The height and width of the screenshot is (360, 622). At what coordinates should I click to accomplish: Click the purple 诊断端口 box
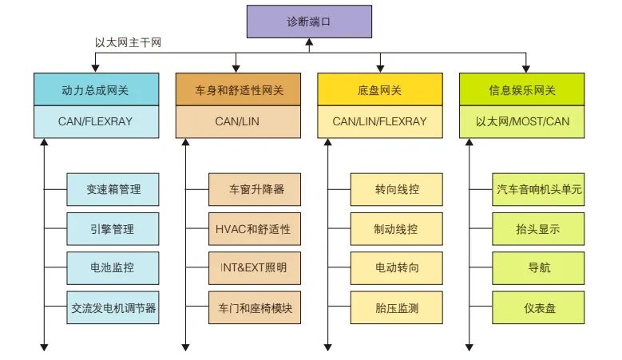tap(308, 22)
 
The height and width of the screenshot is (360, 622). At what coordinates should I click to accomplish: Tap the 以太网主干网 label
tap(129, 42)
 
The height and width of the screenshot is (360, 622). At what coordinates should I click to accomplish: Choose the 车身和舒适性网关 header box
tap(238, 89)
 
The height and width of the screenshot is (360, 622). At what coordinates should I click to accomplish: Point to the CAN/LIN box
tap(238, 121)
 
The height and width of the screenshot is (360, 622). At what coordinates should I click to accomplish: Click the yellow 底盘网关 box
tap(379, 89)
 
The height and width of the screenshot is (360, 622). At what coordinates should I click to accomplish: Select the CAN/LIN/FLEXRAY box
tap(379, 121)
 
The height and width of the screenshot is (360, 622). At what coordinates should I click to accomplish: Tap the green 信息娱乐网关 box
tap(528, 89)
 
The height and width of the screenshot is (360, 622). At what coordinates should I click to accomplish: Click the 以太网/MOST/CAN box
tap(528, 121)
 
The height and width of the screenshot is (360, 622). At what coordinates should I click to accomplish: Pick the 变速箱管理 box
tap(113, 190)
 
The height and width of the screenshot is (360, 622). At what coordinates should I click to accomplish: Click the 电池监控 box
tap(113, 268)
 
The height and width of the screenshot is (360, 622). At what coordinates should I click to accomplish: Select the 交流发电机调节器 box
tap(113, 307)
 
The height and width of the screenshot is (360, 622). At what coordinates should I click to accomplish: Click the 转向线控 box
tap(397, 190)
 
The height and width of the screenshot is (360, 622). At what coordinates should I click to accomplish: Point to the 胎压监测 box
tap(397, 307)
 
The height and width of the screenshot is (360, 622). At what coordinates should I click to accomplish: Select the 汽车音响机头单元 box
tap(539, 190)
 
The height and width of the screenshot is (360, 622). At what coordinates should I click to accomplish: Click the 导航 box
tap(539, 268)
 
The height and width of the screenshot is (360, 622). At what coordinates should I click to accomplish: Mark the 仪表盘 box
tap(539, 307)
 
